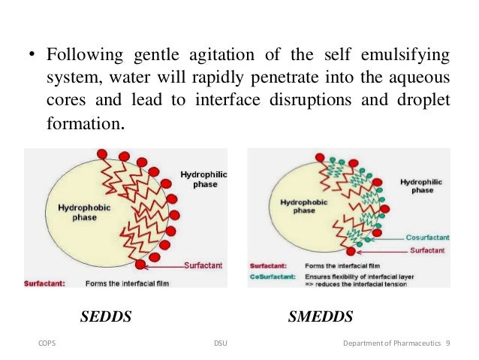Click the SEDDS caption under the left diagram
(x=106, y=317)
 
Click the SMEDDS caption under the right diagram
(x=321, y=317)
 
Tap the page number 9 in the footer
(x=447, y=343)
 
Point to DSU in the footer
(x=220, y=343)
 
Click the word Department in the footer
(x=363, y=343)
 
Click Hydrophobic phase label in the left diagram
(x=73, y=212)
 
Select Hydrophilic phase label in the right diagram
(x=421, y=186)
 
